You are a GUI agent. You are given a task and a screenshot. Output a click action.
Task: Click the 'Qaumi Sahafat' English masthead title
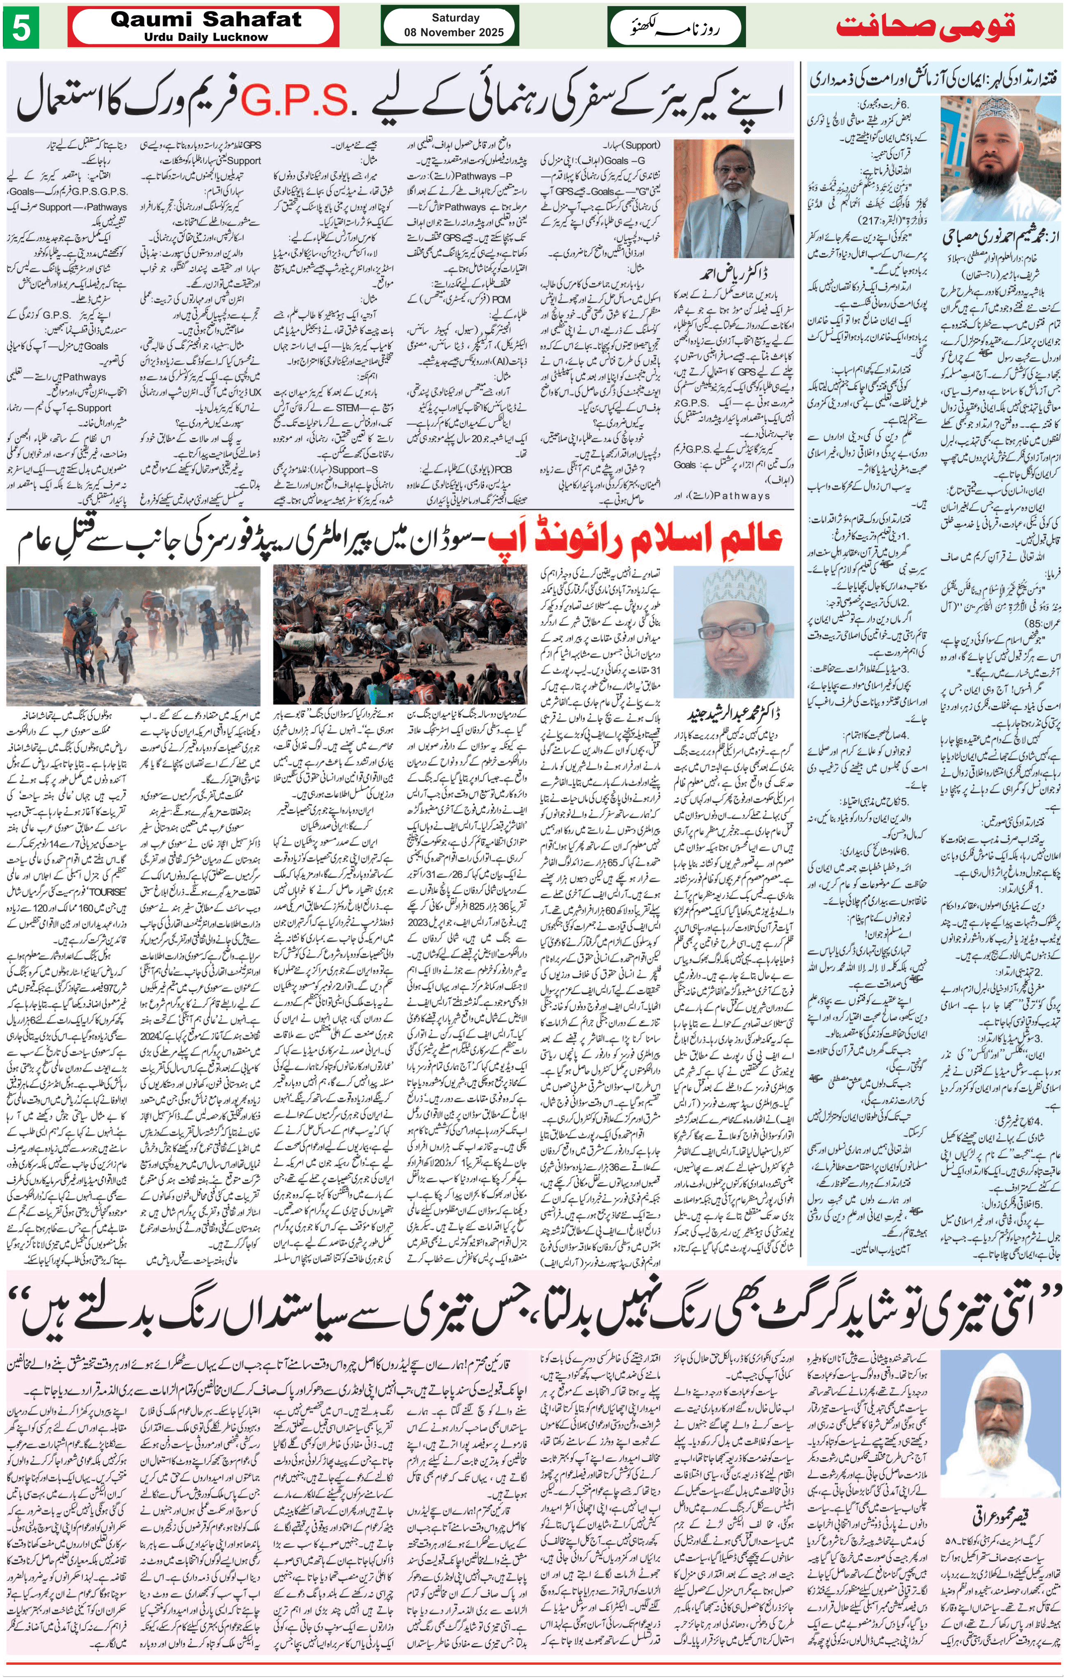click(206, 20)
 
